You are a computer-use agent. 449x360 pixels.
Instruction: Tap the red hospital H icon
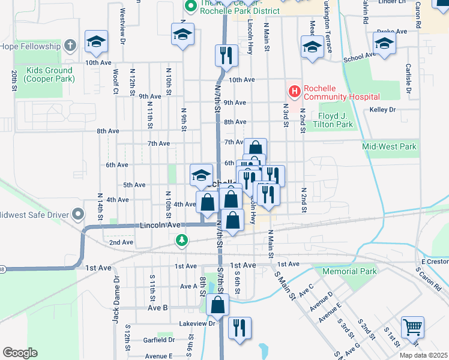point(295,91)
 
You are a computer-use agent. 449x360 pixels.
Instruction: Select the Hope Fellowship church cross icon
point(70,46)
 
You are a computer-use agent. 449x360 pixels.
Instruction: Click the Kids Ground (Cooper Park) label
point(50,74)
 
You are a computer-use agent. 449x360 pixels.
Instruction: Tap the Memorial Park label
point(349,271)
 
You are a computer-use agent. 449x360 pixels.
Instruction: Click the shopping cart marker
point(413,327)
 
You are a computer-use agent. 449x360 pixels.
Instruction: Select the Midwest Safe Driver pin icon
point(77,214)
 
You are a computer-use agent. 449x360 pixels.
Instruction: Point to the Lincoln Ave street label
point(160,225)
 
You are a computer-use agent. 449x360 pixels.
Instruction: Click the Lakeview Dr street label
point(188,323)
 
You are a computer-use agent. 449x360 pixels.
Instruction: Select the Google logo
point(20,353)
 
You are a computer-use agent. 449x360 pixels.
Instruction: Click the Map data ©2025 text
point(424,355)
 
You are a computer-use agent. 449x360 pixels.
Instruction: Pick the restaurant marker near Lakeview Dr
point(240,328)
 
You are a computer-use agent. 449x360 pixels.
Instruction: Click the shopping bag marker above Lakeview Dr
point(217,305)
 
